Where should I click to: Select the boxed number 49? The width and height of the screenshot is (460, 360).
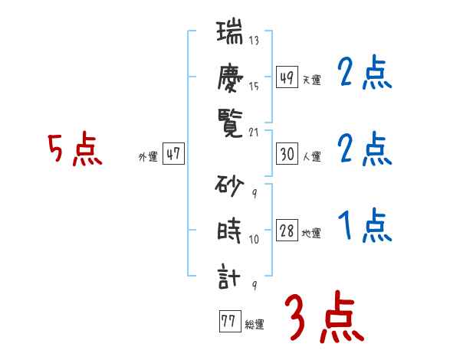(x=287, y=78)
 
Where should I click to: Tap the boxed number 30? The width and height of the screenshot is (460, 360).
(x=287, y=154)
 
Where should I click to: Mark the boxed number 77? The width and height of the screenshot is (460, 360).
(x=228, y=322)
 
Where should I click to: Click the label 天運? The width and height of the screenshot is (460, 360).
(x=310, y=80)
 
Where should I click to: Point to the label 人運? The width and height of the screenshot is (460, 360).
(x=310, y=156)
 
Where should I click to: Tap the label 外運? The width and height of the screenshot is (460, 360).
(x=147, y=156)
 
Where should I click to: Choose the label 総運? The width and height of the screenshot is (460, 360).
(x=254, y=324)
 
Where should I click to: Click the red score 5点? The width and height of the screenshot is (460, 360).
(x=74, y=150)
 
